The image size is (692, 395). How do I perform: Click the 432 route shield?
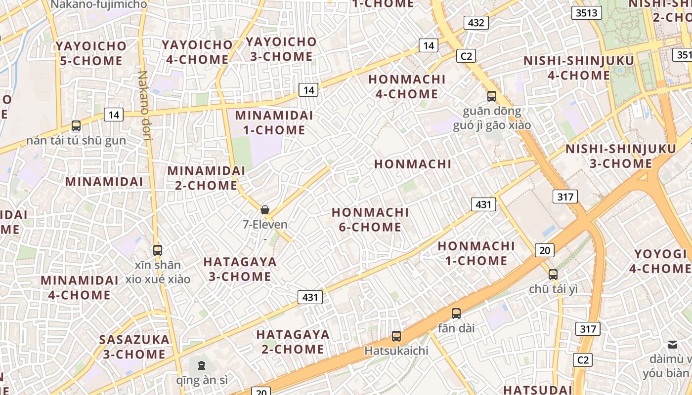[476, 22]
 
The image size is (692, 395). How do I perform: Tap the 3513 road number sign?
[586, 13]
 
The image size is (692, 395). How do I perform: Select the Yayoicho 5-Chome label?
[91, 53]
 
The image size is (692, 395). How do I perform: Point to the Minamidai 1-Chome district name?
[274, 122]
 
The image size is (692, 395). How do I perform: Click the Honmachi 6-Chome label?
[370, 220]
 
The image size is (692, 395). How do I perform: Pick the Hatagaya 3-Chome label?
[240, 269]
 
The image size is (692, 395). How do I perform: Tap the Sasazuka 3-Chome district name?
[134, 347]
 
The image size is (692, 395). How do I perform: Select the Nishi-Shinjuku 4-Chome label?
[578, 68]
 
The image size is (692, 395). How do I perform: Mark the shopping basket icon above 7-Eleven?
[265, 210]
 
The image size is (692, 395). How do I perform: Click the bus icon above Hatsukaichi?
[396, 336]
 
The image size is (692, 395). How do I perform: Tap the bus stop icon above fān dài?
[456, 313]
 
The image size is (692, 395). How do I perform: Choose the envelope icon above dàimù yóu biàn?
[672, 345]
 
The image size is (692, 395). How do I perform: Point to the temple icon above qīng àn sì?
[201, 365]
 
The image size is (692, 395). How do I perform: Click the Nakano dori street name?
[144, 105]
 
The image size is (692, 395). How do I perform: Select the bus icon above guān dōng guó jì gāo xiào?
[491, 96]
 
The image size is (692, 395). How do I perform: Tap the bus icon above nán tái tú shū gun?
[76, 126]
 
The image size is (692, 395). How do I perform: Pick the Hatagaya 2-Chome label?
[293, 342]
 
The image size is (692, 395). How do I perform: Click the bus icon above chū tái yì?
[553, 274]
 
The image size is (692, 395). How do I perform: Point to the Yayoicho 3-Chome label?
[281, 49]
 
